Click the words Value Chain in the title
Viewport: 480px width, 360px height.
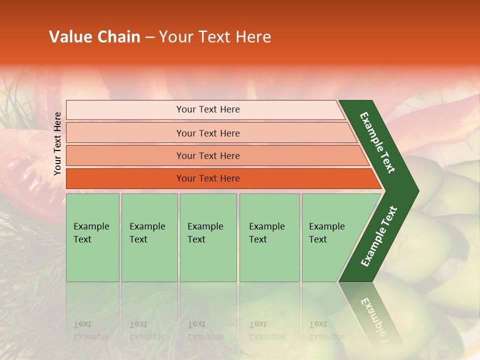94,37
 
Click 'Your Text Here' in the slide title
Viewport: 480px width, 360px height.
215,37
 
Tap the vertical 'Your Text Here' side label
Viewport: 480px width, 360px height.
57,143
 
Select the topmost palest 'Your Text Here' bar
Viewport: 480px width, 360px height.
208,109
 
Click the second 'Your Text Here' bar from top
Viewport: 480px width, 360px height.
208,133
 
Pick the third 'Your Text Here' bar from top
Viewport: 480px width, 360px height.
208,155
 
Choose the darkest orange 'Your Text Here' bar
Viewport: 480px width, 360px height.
208,178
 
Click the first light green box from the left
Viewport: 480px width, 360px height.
92,237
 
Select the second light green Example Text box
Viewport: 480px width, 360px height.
149,237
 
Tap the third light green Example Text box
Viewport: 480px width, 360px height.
208,237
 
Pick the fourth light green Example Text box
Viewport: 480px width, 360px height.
269,237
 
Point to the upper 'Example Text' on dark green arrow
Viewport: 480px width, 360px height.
377,142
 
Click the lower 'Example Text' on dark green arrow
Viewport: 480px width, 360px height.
379,236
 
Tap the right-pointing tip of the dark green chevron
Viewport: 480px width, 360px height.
416,191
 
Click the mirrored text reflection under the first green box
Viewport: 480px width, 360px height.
91,330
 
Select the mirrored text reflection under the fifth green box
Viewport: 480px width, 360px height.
326,330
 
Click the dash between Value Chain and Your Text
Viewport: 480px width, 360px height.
149,37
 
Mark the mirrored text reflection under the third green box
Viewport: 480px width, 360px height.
205,330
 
